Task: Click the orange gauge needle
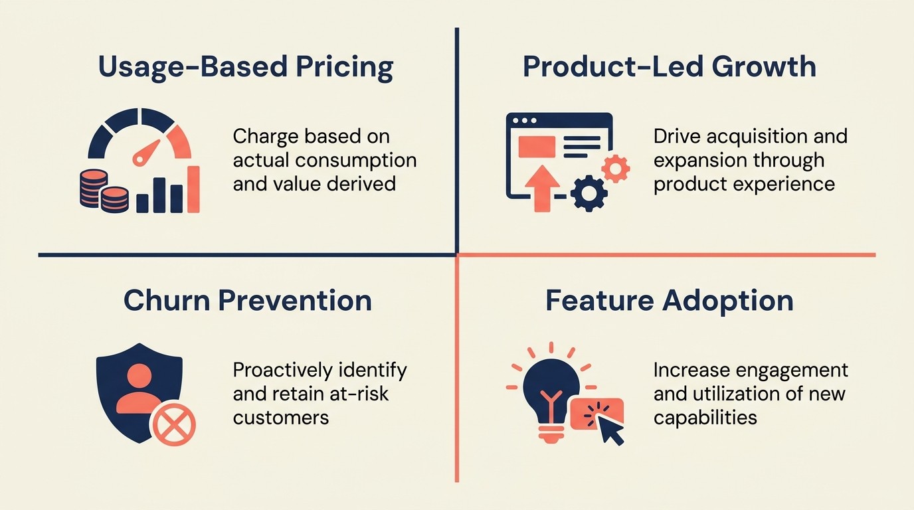point(146,153)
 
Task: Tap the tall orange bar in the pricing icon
point(193,189)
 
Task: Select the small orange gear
point(616,169)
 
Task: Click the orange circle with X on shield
point(173,424)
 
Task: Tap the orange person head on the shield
point(139,377)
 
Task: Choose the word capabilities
point(705,417)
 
